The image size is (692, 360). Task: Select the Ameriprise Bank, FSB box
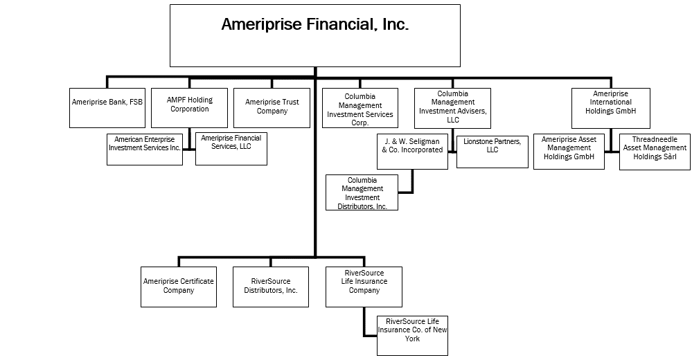pos(107,108)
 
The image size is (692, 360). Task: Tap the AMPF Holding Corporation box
pos(189,108)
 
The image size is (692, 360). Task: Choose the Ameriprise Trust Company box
pos(272,108)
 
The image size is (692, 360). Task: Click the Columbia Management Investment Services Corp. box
pos(360,108)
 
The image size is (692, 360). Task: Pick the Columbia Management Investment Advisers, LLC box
pos(452,108)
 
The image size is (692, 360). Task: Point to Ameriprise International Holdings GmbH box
pos(611,108)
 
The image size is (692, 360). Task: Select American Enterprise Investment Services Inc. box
pos(145,150)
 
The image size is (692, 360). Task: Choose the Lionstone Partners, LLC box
pos(493,152)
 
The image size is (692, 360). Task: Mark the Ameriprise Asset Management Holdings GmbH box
pos(568,152)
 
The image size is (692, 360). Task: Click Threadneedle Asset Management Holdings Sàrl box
pos(655,152)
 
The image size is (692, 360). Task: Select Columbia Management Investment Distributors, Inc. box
pos(362,192)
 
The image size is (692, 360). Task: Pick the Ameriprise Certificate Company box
pos(179,287)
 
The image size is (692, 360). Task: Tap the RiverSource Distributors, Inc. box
pos(271,287)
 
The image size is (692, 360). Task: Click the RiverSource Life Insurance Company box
pos(364,287)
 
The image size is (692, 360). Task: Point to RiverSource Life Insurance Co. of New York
pos(412,335)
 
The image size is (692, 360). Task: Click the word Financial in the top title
pos(341,25)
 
